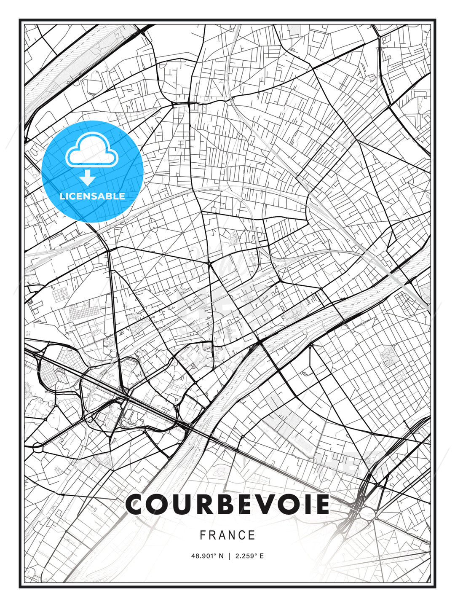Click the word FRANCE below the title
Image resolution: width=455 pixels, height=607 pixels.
(x=227, y=535)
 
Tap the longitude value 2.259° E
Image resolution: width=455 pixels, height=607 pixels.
(x=250, y=556)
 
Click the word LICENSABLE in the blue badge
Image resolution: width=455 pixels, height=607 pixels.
(x=92, y=196)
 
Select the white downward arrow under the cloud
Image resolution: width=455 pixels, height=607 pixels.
(x=88, y=178)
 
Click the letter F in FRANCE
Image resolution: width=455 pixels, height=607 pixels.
(x=203, y=535)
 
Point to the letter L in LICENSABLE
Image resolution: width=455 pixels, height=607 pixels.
(x=62, y=196)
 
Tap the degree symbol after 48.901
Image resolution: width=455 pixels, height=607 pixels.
(x=214, y=554)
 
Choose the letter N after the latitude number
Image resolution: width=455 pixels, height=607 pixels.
(x=221, y=556)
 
